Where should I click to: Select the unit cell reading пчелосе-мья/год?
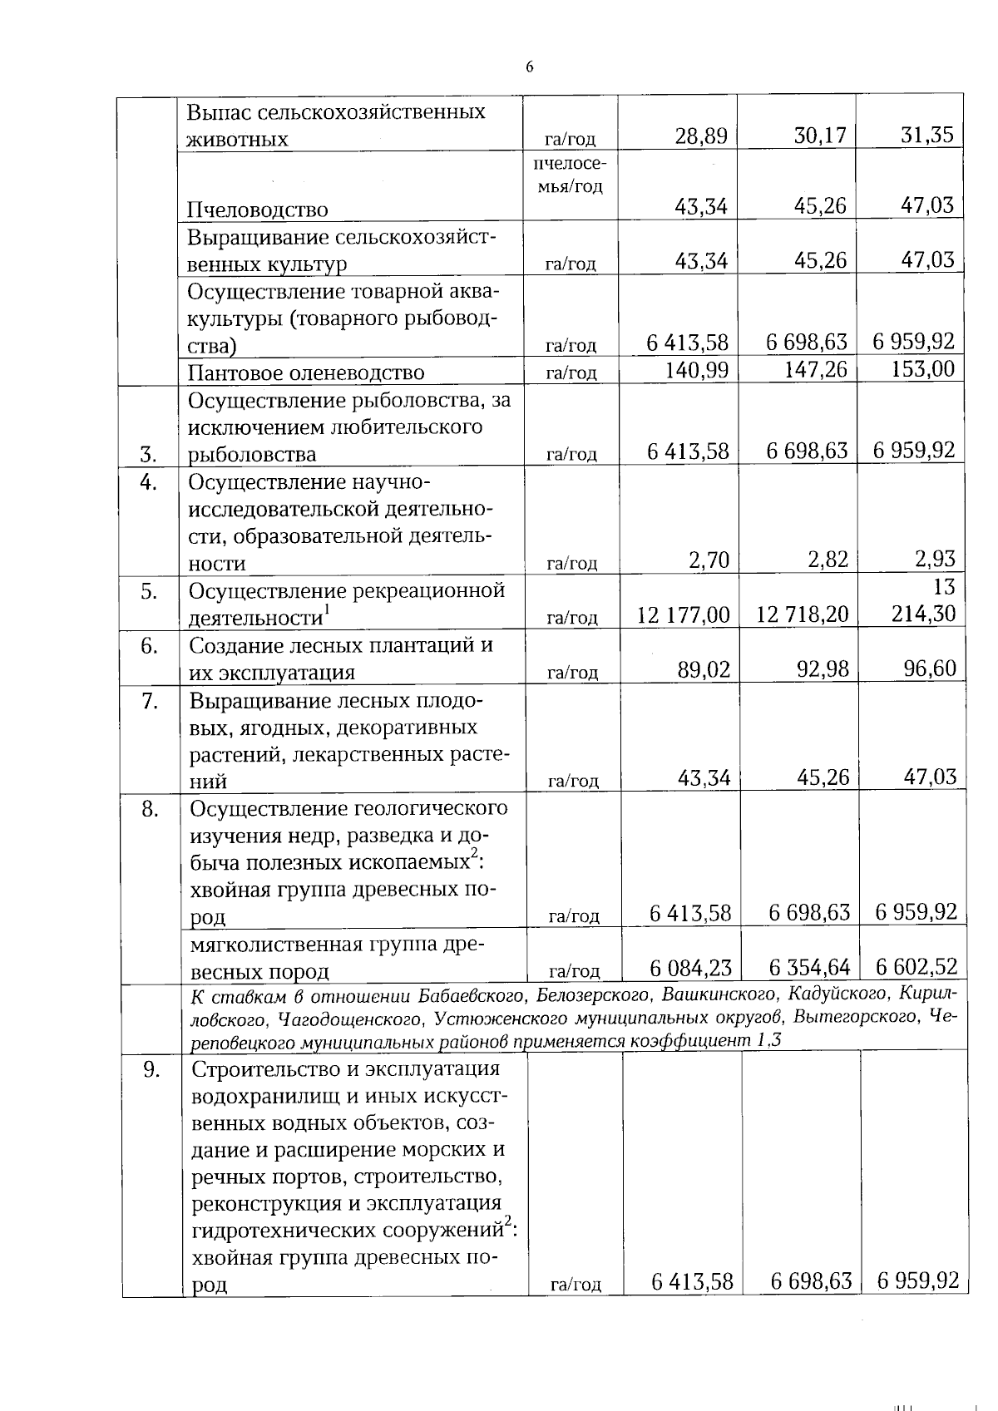(x=570, y=175)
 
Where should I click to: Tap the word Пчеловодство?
(x=257, y=210)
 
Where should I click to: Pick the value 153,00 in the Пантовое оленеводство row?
(x=922, y=369)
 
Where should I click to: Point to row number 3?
(x=149, y=454)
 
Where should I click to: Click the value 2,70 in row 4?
(x=709, y=560)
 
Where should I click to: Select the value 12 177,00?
(x=683, y=615)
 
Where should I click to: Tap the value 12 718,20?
(x=803, y=615)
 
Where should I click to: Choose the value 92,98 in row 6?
(x=823, y=668)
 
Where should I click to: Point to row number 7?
(x=150, y=702)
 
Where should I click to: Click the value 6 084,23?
(x=690, y=968)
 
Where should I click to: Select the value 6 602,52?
(x=916, y=967)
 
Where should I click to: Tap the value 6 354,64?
(x=809, y=968)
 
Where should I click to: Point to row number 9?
(x=151, y=1070)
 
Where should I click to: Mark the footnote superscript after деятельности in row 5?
(x=327, y=610)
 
